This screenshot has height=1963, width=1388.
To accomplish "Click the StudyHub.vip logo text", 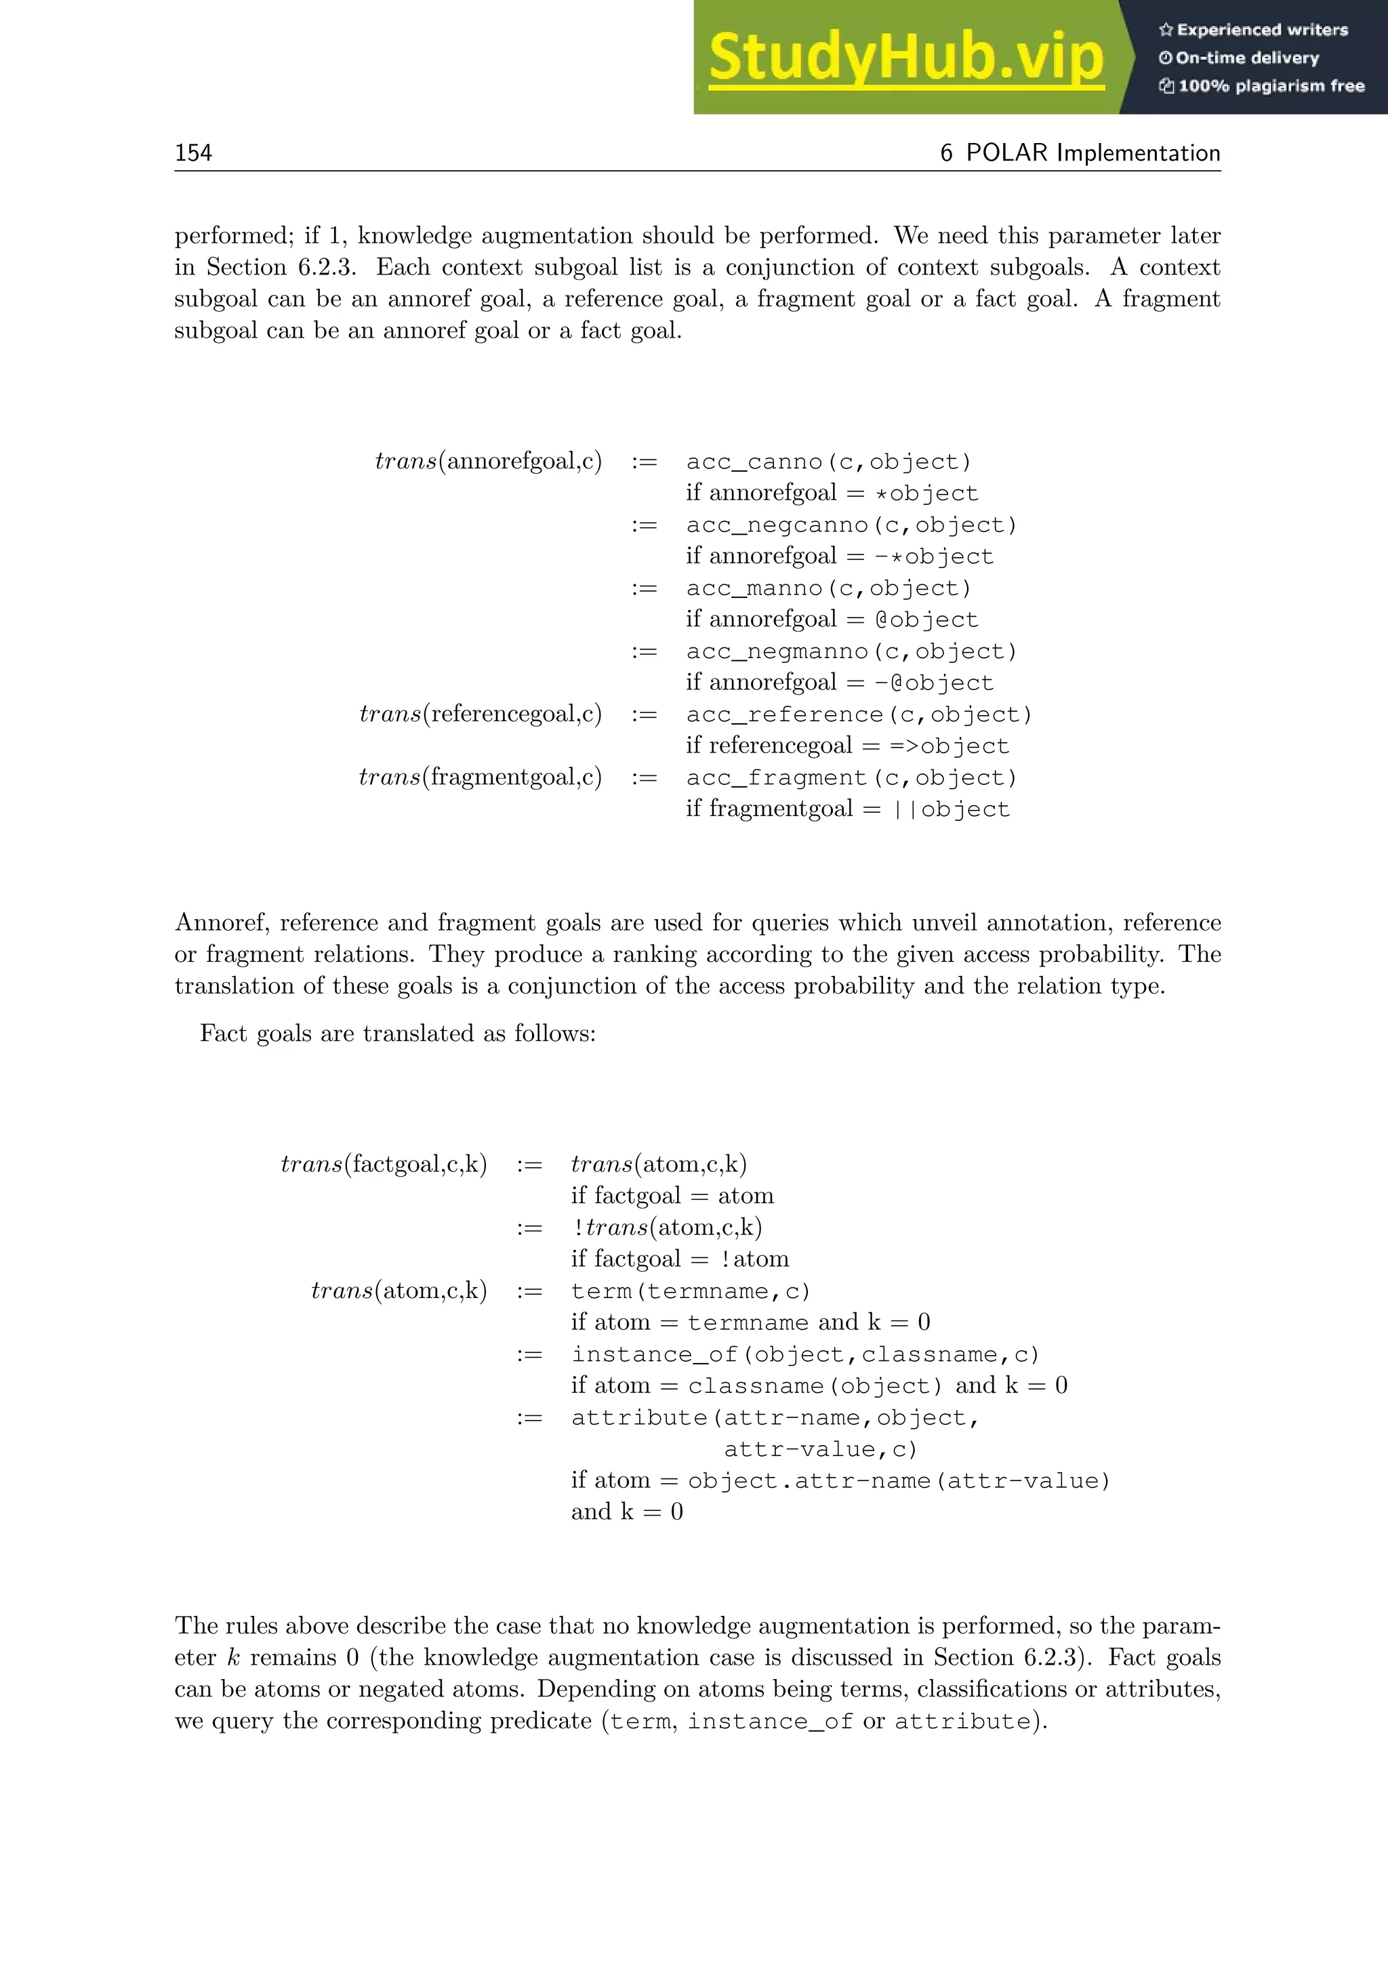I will (906, 58).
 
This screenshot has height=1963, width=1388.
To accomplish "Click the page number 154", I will (193, 153).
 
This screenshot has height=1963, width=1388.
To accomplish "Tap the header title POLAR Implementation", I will (1080, 153).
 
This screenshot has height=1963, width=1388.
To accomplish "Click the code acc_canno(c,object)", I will (828, 462).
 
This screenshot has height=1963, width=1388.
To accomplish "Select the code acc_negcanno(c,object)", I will (851, 525).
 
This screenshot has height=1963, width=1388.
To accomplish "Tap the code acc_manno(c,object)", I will (828, 588).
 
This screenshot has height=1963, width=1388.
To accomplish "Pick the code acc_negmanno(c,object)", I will (851, 651).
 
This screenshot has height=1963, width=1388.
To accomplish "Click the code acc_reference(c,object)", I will (859, 714).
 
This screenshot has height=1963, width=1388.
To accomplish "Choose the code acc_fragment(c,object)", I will (851, 778).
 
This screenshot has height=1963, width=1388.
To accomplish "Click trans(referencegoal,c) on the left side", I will (481, 714).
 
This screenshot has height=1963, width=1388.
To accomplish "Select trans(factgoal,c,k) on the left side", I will (384, 1165).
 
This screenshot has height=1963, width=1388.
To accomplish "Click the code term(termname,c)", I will (690, 1291).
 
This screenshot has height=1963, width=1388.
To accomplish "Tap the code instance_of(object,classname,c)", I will (805, 1354).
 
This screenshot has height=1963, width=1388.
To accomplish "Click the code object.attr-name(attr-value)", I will (898, 1481).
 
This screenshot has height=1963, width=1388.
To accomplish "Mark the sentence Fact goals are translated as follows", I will (397, 1034).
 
